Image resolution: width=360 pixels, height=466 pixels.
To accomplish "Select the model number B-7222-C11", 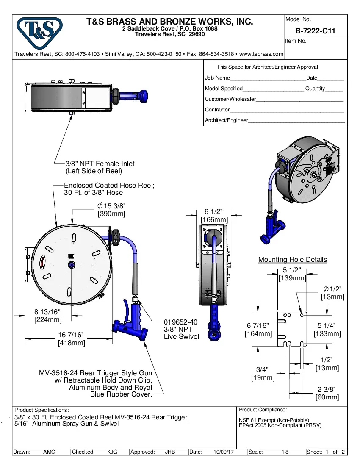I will tap(315, 31).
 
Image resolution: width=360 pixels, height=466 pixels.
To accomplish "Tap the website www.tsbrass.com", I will tap(261, 54).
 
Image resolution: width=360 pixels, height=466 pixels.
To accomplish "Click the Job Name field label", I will tap(217, 78).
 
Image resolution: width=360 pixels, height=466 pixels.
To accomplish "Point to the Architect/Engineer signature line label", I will tap(226, 120).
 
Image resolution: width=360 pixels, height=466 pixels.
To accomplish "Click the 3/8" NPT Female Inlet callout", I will tap(100, 164).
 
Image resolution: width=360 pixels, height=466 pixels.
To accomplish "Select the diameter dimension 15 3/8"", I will tap(112, 206).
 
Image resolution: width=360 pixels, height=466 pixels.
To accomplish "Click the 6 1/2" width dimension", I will tap(214, 212).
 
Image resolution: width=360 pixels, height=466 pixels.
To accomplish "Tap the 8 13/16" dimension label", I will tap(47, 312).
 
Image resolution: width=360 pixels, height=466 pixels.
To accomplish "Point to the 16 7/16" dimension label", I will tap(71, 335).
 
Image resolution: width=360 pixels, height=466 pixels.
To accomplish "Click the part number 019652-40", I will tap(181, 322).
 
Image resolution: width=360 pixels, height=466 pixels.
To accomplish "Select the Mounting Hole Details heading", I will tap(293, 260).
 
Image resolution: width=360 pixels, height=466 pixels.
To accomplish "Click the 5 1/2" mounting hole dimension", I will tap(292, 270).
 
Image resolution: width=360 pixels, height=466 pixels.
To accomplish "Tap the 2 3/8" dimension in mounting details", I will tap(327, 389).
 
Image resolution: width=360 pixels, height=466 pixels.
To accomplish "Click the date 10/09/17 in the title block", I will tap(225, 452).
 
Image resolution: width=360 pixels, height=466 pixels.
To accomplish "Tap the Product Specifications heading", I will tap(41, 410).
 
